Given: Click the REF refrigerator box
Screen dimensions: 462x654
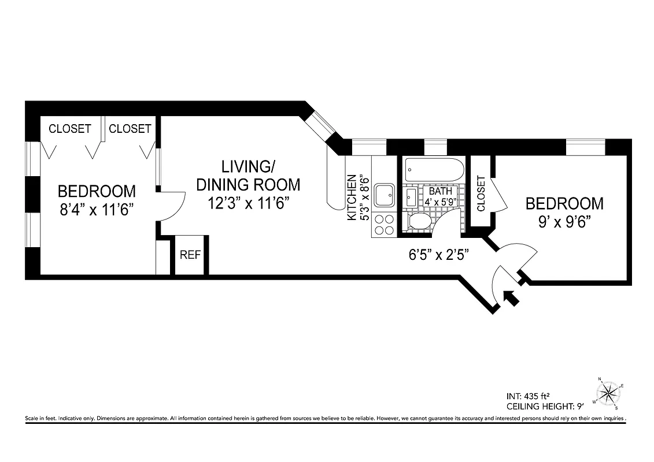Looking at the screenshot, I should (x=190, y=255).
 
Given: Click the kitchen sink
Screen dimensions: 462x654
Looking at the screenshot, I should (x=384, y=195).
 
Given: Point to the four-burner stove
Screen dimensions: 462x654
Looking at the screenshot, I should (x=384, y=224).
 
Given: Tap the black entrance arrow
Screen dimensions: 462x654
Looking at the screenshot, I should (x=511, y=297).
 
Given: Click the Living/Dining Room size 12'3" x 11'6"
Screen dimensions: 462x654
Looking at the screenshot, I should (x=248, y=203).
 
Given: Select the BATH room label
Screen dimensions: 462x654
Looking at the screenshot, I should (x=438, y=191).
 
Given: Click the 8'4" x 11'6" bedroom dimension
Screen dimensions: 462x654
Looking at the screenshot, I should (x=97, y=208).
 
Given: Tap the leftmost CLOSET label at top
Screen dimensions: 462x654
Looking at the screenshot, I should (x=69, y=129).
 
